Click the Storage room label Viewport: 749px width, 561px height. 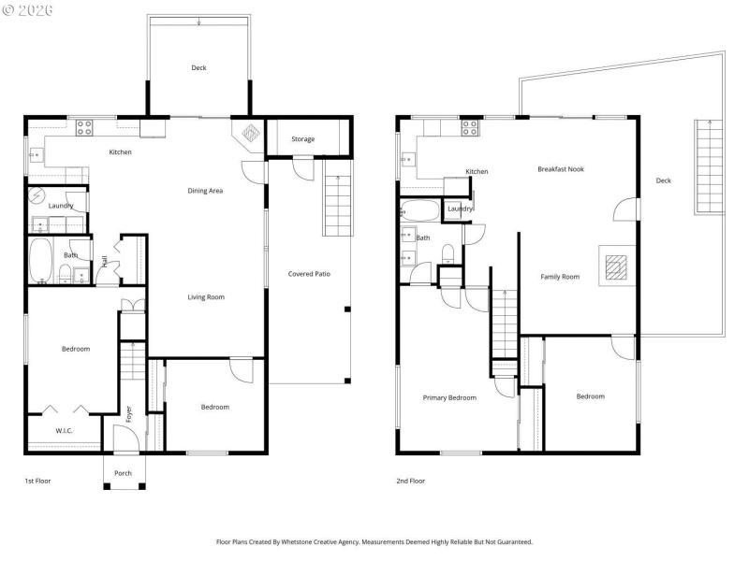click(302, 139)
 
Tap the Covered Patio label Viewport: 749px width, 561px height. click(309, 274)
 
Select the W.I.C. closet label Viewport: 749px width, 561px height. click(64, 431)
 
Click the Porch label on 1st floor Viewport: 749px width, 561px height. click(123, 473)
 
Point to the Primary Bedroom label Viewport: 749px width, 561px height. click(449, 397)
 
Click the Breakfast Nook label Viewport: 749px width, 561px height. click(561, 169)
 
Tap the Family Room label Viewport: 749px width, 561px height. click(561, 277)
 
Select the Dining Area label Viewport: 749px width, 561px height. click(205, 191)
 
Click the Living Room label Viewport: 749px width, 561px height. click(206, 297)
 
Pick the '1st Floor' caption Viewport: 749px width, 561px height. click(37, 481)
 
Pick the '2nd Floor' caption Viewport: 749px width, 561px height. click(410, 481)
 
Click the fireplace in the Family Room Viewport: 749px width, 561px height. click(614, 267)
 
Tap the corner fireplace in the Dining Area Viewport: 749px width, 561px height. click(249, 134)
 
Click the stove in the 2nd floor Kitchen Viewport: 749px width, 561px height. click(469, 128)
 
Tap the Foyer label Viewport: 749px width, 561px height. click(129, 411)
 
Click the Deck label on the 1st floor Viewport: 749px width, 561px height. click(198, 67)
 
